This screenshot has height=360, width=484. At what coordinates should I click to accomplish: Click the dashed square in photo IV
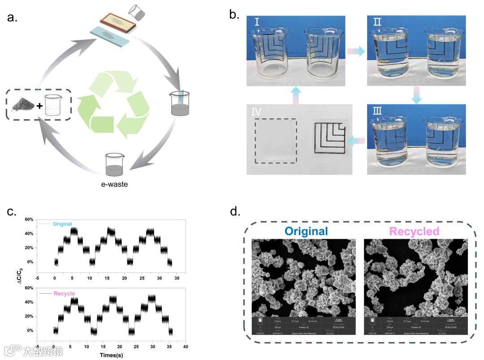tap(275, 141)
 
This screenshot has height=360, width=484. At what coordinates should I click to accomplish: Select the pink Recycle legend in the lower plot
tap(64, 294)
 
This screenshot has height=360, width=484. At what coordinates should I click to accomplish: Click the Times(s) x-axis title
tap(112, 355)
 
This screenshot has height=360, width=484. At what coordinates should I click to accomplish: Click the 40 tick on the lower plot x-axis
tap(186, 347)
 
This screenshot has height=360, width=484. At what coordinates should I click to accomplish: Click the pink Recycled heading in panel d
tap(414, 231)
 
